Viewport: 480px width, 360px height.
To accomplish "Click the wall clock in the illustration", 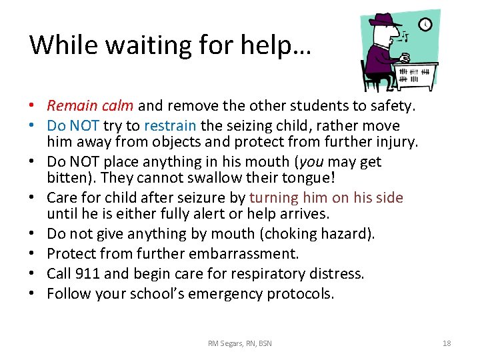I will tap(425, 25).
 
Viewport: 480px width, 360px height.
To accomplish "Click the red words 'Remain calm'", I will tap(91, 105).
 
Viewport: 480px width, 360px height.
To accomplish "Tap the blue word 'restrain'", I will tap(170, 125).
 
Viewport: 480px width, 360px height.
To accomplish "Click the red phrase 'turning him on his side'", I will tap(326, 197).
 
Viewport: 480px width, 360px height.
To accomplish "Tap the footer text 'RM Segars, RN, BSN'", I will tap(240, 343).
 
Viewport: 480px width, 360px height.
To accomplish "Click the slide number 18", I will tap(447, 343).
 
